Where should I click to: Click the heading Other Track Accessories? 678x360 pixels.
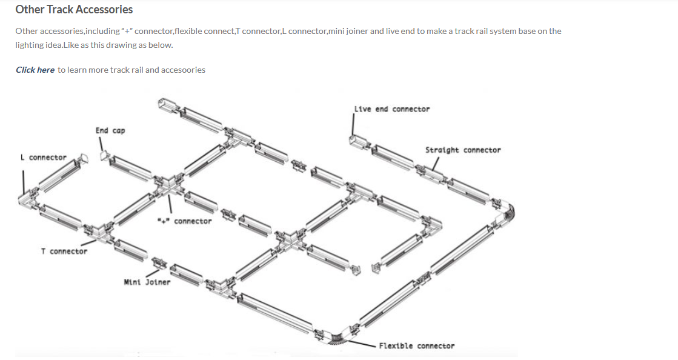pyautogui.click(x=74, y=10)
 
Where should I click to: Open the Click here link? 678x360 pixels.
pyautogui.click(x=35, y=70)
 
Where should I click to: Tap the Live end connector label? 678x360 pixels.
pyautogui.click(x=392, y=109)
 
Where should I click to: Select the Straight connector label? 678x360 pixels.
pyautogui.click(x=463, y=150)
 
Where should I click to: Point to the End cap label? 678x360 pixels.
pyautogui.click(x=110, y=131)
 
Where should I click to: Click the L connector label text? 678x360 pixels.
pyautogui.click(x=43, y=158)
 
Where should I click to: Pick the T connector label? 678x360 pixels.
pyautogui.click(x=64, y=252)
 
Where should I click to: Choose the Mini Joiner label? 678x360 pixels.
pyautogui.click(x=147, y=282)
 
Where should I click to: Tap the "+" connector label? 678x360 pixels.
pyautogui.click(x=185, y=221)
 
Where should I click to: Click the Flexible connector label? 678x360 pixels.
pyautogui.click(x=417, y=345)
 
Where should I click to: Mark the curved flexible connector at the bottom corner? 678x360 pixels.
pyautogui.click(x=337, y=338)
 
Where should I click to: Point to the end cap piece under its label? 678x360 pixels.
pyautogui.click(x=105, y=156)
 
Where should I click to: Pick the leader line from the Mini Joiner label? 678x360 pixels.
pyautogui.click(x=153, y=273)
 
